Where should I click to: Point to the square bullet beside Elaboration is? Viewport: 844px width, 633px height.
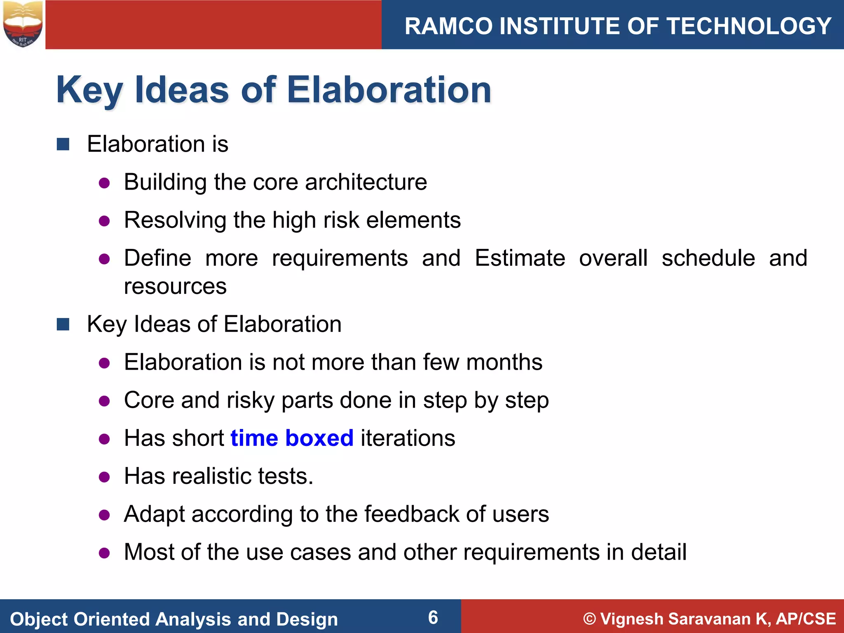(63, 144)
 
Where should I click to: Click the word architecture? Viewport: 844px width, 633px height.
(366, 182)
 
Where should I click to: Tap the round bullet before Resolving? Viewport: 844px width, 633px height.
(104, 221)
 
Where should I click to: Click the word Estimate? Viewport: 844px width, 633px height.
(520, 258)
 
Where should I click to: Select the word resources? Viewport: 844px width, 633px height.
(175, 286)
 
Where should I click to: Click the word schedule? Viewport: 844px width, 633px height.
(708, 258)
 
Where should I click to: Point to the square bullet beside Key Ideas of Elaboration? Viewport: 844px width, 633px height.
(63, 324)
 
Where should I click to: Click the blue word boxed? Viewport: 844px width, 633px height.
(319, 438)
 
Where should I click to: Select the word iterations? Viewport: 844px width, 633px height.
(408, 438)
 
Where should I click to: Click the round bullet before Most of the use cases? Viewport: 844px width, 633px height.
(104, 553)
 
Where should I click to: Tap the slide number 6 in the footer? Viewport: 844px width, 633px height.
(433, 617)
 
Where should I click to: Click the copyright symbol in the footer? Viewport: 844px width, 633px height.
(590, 619)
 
